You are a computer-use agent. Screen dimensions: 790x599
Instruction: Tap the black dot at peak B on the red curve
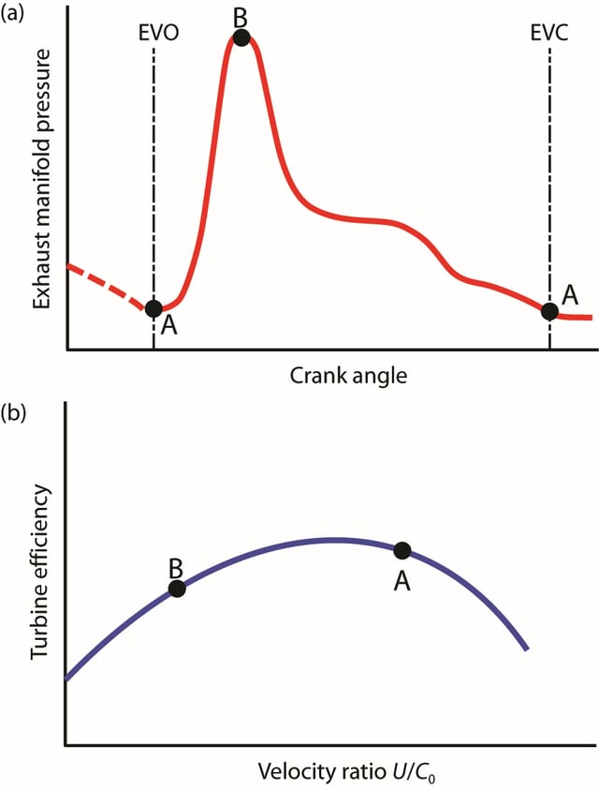pos(241,37)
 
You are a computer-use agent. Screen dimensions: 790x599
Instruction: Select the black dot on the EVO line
pos(154,307)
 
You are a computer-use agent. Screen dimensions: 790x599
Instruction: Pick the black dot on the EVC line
pos(549,310)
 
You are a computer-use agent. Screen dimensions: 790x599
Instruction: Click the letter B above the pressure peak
pos(241,16)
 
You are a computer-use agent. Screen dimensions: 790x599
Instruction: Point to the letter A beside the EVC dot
pos(571,294)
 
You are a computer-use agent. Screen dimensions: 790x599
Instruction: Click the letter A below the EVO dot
pos(168,325)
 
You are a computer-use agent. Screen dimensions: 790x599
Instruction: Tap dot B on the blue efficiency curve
pos(177,589)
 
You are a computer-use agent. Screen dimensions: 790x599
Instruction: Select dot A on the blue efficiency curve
pos(402,550)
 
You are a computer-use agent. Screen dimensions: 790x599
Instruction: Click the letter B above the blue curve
pos(175,567)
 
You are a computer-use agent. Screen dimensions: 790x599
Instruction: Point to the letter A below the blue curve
pos(402,581)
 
